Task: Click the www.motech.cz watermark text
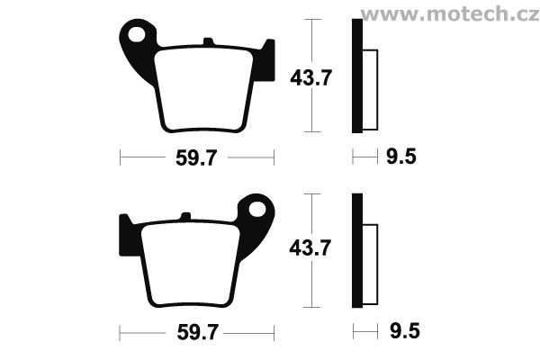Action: coord(450,14)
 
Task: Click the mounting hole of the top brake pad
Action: coord(137,34)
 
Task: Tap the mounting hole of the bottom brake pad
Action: coord(257,210)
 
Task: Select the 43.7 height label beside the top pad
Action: coord(311,78)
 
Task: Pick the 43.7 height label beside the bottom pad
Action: coord(310,248)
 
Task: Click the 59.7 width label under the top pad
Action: coord(196,158)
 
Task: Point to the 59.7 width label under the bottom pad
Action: coord(198,332)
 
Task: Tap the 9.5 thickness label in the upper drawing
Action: coord(401,157)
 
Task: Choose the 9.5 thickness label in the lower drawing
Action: coord(405,331)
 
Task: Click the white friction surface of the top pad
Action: coord(204,90)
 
